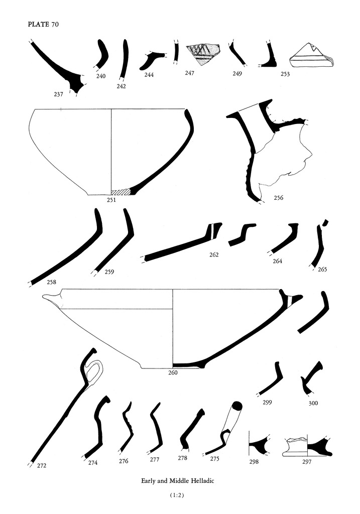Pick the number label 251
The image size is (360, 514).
[x=111, y=200]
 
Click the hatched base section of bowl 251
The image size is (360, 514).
[x=121, y=192]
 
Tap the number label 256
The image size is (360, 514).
[x=278, y=198]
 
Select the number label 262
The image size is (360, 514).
[x=214, y=254]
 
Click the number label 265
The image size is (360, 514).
[x=322, y=270]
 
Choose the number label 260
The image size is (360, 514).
[x=172, y=372]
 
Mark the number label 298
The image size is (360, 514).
[x=254, y=462]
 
